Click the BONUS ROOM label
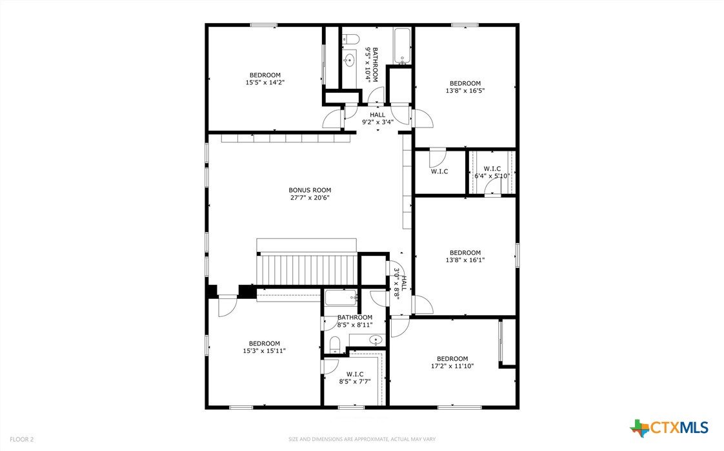[x=310, y=190]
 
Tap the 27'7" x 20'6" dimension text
[x=310, y=198]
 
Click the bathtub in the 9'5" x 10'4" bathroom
[x=402, y=45]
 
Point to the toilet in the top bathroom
[x=351, y=40]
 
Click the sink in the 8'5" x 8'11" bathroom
[x=376, y=340]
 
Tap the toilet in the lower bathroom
[x=335, y=345]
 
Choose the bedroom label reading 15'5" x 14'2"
[x=265, y=79]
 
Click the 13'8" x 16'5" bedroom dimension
[x=465, y=91]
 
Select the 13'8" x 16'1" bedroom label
[x=465, y=256]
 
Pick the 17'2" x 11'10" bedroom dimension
[x=452, y=366]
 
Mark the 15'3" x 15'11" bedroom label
[x=264, y=347]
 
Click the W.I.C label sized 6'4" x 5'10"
[x=492, y=172]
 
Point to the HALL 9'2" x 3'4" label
[x=377, y=119]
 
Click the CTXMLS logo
[x=669, y=427]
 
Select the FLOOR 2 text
[x=22, y=439]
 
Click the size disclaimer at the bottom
[x=362, y=439]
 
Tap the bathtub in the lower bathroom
[x=341, y=298]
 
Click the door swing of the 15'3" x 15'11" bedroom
[x=227, y=306]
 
